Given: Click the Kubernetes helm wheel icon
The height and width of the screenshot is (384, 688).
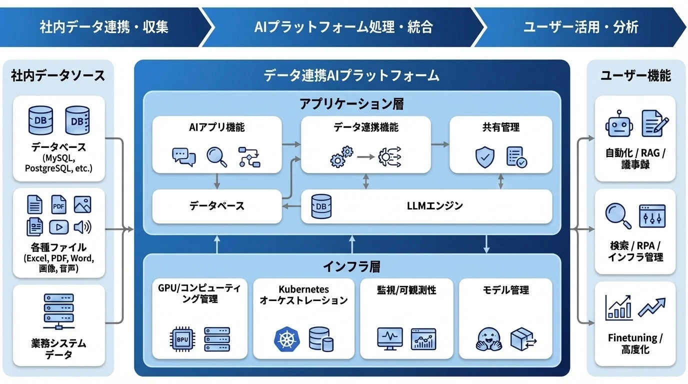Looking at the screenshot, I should pyautogui.click(x=286, y=339).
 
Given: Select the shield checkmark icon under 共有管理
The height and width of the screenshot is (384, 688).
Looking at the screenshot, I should pyautogui.click(x=484, y=157).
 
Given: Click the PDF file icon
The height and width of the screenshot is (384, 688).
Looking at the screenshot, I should pyautogui.click(x=59, y=205).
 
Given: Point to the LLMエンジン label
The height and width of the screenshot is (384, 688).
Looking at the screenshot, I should pyautogui.click(x=434, y=205).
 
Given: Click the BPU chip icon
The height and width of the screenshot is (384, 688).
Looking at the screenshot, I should pyautogui.click(x=181, y=339).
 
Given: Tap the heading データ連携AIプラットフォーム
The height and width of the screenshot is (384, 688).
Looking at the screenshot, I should pyautogui.click(x=351, y=75).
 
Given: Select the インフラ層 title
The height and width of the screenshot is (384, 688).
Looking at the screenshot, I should pyautogui.click(x=351, y=266).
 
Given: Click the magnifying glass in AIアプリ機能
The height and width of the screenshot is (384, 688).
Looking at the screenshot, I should pyautogui.click(x=216, y=156).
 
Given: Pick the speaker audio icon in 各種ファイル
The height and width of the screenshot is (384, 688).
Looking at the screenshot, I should pyautogui.click(x=82, y=227).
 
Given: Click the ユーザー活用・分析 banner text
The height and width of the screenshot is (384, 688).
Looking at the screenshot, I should pyautogui.click(x=580, y=27).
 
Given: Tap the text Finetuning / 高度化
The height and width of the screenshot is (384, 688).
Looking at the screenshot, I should pyautogui.click(x=635, y=343).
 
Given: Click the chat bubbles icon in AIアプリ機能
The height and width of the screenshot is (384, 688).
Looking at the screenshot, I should pyautogui.click(x=183, y=156).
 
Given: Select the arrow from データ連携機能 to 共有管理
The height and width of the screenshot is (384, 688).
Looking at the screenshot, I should pyautogui.click(x=440, y=144).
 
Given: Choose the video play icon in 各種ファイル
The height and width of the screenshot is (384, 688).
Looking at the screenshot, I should pyautogui.click(x=59, y=227).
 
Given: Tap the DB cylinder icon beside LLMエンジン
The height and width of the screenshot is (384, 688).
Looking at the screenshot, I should pyautogui.click(x=321, y=206).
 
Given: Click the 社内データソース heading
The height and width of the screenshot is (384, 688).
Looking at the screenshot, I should pyautogui.click(x=58, y=75).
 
